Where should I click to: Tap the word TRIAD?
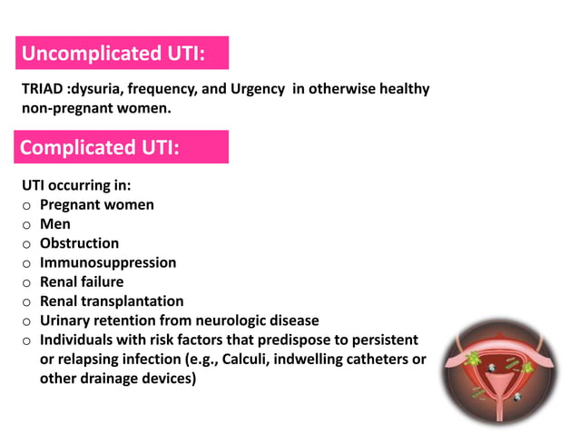[43, 89]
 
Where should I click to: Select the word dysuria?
[97, 89]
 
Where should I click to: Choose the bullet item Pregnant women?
[96, 204]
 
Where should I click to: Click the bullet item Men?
[54, 223]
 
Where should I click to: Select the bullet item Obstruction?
[79, 243]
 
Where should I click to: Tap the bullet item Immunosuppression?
[108, 262]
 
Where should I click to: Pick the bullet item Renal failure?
[82, 281]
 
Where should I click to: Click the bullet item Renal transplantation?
[112, 301]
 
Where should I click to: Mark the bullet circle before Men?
[27, 224]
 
